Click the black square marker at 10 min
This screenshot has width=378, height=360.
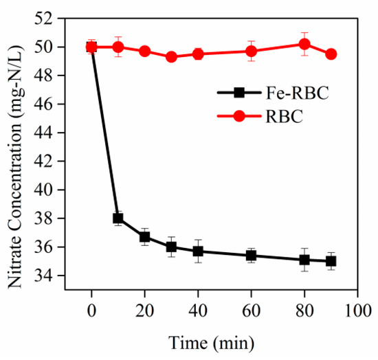coord(118,218)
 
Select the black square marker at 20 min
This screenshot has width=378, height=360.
coord(145,237)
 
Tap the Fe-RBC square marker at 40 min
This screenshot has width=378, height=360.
coord(198,251)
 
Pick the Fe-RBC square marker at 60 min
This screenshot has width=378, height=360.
coord(252,256)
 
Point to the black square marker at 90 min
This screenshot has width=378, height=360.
coord(331,261)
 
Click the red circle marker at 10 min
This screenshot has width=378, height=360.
coord(118,47)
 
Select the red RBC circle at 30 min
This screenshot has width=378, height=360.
coord(171,56)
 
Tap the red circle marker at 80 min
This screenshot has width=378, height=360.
coord(304,44)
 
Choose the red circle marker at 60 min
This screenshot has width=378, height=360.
coord(252,51)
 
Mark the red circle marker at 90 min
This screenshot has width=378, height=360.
coord(331,54)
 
